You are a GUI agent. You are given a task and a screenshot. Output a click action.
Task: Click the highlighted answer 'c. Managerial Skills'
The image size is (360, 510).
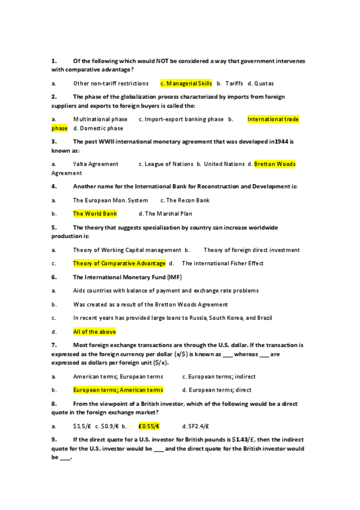186,83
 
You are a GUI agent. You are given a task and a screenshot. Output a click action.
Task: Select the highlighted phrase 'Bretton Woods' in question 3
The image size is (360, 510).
275,164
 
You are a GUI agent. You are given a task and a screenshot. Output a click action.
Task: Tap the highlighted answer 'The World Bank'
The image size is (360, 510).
95,214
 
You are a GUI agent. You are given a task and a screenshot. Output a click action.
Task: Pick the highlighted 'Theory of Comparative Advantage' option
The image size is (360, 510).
119,263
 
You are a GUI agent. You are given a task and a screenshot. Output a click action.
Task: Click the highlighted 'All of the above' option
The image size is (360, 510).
94,331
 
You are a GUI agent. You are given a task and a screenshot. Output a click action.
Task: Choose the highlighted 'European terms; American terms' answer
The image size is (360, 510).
118,390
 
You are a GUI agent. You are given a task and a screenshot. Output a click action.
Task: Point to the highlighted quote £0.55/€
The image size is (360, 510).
148,426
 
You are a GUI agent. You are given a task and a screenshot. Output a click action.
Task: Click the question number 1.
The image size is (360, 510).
54,61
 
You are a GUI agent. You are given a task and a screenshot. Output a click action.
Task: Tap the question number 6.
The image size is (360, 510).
54,277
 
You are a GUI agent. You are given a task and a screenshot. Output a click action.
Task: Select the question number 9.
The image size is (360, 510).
54,440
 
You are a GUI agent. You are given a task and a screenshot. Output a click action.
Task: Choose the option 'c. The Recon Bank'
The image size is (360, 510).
185,200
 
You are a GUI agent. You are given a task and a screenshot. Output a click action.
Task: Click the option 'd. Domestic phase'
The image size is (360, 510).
98,128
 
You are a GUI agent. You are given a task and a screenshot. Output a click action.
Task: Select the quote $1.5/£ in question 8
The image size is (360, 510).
82,426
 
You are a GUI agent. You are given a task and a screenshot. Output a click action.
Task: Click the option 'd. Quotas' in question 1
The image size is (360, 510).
260,83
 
